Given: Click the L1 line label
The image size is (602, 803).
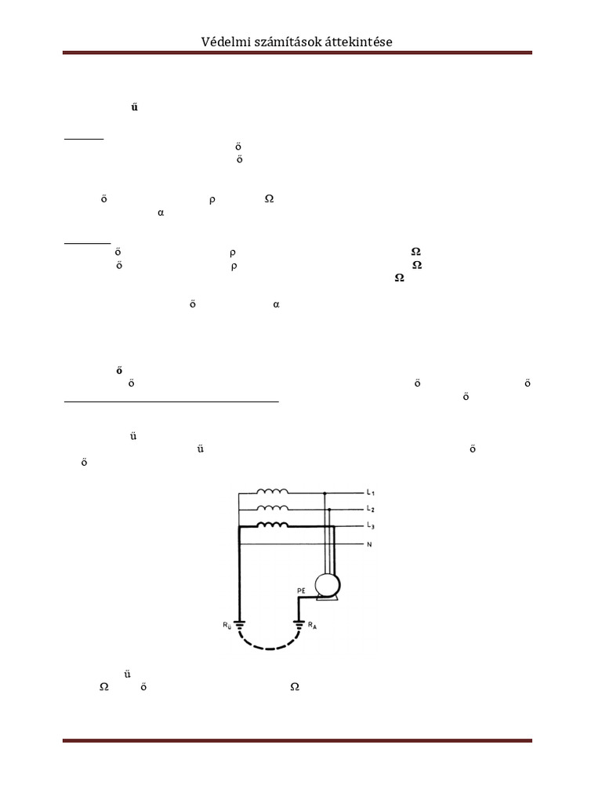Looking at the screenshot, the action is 371,493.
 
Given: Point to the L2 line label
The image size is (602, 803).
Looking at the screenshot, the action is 371,510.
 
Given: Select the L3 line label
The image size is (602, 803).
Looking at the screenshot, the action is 371,526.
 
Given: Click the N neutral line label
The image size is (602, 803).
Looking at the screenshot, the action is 369,543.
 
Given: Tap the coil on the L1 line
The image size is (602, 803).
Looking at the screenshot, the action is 272,492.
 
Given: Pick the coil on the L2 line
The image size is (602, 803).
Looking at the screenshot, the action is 272,509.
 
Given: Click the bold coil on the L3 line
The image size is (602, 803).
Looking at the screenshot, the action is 272,525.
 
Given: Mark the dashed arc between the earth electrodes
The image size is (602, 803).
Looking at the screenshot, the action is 270,647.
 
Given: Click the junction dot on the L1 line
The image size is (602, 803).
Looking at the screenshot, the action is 325,493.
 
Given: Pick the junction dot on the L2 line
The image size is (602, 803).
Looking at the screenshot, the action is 329,510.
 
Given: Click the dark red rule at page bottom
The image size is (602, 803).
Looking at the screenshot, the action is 297,740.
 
